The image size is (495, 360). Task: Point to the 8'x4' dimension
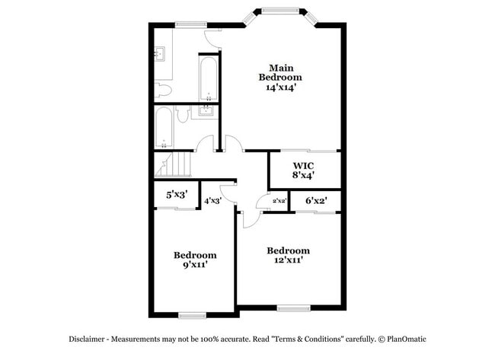coord(303,175)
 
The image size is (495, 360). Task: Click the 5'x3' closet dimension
coord(177,194)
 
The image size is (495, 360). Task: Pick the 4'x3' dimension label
coord(212,201)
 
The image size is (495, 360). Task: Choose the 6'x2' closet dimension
coord(316,200)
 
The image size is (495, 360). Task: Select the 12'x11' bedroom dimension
coord(288,261)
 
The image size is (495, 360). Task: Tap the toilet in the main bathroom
coord(162,91)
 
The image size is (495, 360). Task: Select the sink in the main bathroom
coord(161,54)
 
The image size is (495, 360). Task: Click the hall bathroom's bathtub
coord(163,128)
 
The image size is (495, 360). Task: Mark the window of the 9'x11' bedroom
coord(192,315)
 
